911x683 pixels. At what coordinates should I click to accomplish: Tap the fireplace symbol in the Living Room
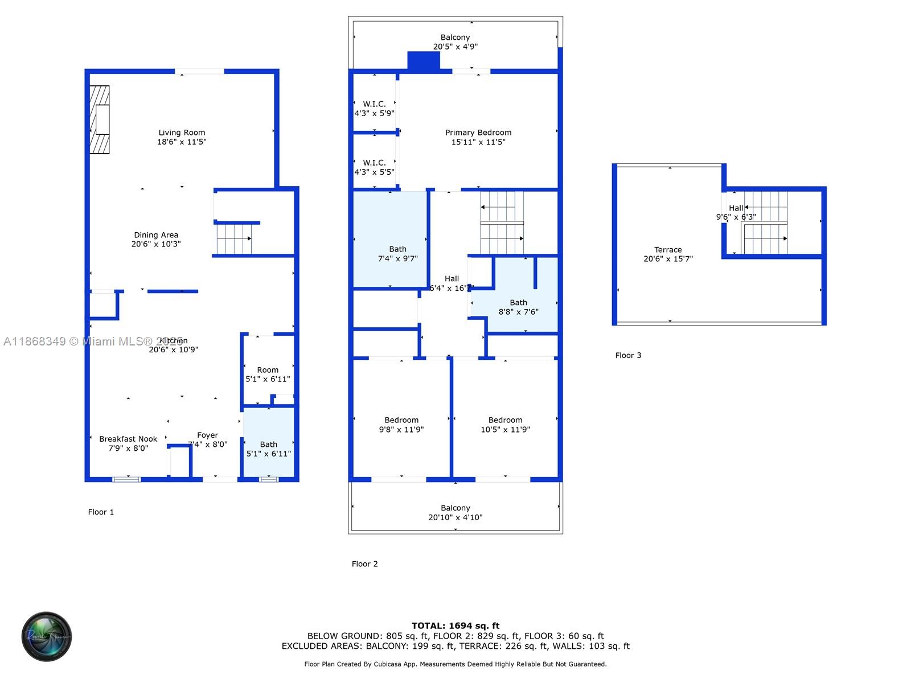(x=100, y=120)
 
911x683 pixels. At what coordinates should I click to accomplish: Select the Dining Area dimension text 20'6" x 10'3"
(x=156, y=244)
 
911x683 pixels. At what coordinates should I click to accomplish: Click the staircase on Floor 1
(x=234, y=238)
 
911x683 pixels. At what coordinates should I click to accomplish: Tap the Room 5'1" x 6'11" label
(x=268, y=374)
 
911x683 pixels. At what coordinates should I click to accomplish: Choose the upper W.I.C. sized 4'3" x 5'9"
(x=374, y=108)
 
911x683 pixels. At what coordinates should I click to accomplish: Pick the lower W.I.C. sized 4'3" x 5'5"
(x=374, y=167)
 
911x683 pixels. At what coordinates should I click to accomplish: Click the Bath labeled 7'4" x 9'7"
(x=397, y=253)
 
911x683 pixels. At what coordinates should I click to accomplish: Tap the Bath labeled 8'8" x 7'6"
(x=518, y=307)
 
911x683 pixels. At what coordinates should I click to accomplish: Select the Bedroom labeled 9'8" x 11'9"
(x=401, y=425)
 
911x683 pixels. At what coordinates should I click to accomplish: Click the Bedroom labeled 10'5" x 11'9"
(x=505, y=425)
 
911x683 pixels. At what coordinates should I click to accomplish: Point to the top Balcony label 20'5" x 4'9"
(x=455, y=42)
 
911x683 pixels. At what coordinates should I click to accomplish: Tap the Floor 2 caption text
(x=364, y=564)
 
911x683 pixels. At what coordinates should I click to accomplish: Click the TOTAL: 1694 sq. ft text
(x=455, y=626)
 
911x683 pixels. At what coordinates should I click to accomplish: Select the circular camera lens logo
(x=47, y=636)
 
